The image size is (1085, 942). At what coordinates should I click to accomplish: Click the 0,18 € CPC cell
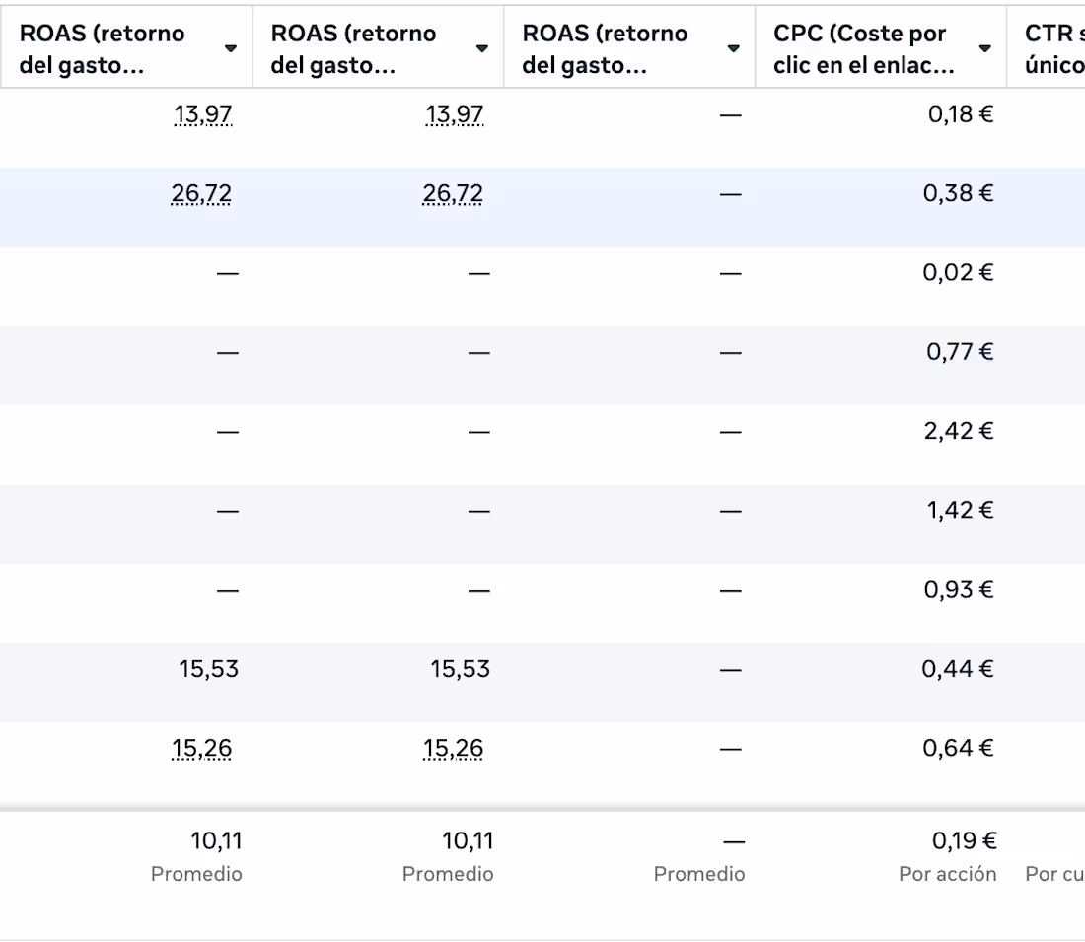point(960,114)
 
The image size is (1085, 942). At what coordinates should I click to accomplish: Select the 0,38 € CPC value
point(958,193)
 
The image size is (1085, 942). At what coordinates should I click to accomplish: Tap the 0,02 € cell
point(958,272)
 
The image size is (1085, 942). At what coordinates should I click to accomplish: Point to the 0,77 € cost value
point(959,351)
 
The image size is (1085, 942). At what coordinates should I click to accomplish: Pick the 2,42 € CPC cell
point(959,431)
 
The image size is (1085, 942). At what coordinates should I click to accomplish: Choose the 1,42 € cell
point(959,510)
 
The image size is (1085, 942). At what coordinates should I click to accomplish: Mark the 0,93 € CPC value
point(959,589)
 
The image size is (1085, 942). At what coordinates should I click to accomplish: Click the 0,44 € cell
point(958,669)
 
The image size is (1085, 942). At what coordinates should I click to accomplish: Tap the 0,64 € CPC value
point(958,748)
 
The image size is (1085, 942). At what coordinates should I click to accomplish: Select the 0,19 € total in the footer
point(964,841)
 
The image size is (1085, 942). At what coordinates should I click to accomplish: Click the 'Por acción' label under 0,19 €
point(947,874)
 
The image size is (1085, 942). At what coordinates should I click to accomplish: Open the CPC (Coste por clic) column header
point(864,48)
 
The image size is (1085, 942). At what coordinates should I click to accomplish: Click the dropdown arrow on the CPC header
point(984,48)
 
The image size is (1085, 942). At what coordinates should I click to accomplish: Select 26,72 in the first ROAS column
point(201,193)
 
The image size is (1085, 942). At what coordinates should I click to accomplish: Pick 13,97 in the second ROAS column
point(455,114)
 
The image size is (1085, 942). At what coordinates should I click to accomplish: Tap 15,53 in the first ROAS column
point(208,669)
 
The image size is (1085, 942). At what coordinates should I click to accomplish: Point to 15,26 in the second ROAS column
point(454,748)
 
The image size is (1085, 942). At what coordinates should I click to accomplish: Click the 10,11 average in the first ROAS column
point(216,841)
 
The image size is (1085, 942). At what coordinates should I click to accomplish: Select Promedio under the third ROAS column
point(698,874)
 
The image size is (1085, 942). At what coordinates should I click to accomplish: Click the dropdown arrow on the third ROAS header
point(733,48)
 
